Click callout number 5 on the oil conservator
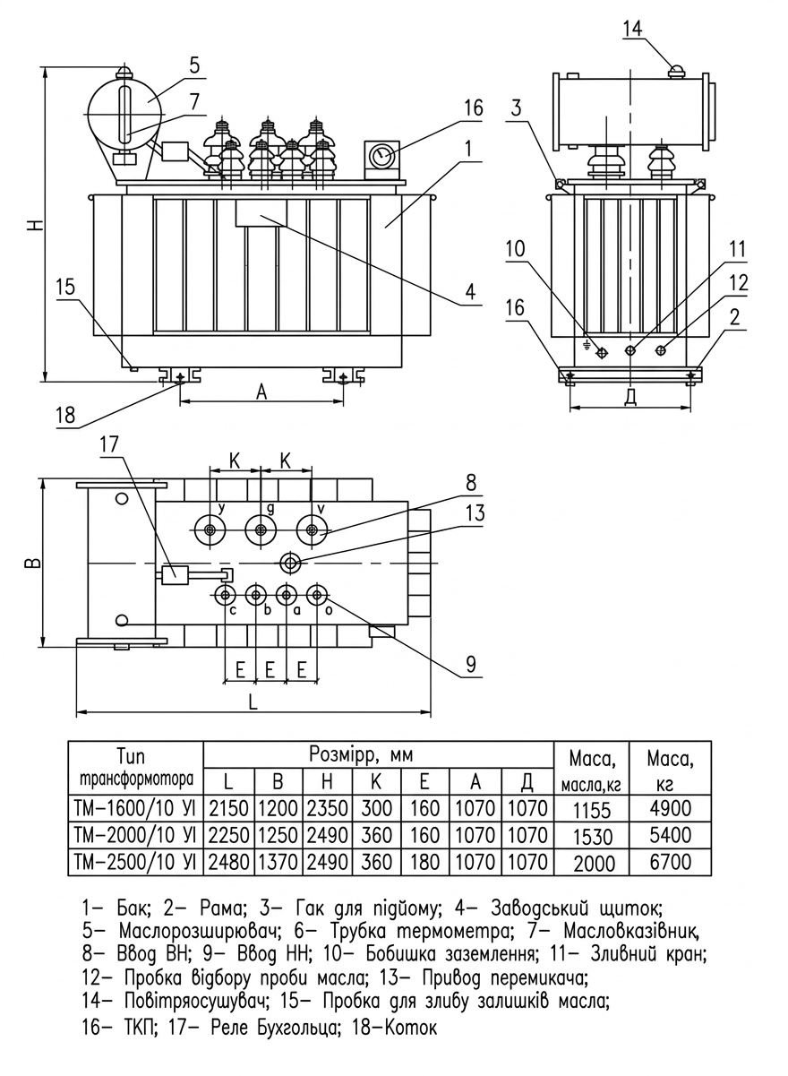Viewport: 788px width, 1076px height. click(193, 65)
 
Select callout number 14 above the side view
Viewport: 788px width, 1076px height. click(632, 29)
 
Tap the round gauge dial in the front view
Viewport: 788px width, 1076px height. click(382, 156)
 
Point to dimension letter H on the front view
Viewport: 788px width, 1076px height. click(35, 224)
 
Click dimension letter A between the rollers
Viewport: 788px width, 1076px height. click(261, 392)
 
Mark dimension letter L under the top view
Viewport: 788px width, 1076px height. click(253, 702)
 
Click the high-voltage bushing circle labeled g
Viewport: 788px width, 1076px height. click(261, 530)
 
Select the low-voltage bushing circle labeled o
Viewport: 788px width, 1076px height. click(316, 596)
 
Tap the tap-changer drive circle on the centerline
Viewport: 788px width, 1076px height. click(290, 563)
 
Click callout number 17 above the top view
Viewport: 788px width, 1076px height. click(109, 444)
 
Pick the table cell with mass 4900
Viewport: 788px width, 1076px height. click(670, 808)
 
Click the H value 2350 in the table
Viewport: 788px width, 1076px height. click(327, 808)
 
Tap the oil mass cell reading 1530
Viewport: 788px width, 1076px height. click(593, 836)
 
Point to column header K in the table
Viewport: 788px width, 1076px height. click(375, 782)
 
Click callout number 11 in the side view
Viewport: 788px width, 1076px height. click(737, 250)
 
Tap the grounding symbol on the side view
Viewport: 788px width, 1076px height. click(587, 345)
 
